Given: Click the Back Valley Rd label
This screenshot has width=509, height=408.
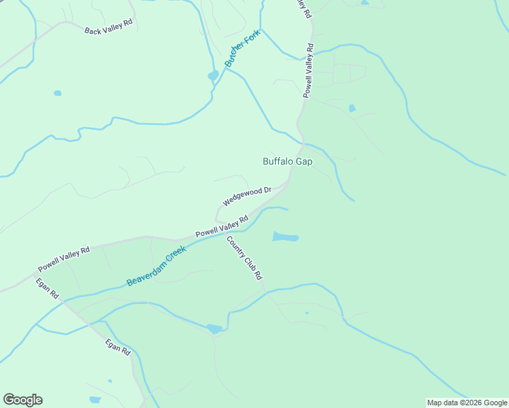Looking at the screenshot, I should click(108, 31).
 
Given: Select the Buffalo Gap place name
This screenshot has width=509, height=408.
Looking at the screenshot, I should click(287, 162).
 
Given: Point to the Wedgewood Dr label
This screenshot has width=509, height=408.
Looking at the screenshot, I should click(247, 197).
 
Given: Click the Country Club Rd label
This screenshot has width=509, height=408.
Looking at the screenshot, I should click(244, 258).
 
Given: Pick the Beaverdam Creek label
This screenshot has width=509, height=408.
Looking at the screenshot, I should click(156, 266).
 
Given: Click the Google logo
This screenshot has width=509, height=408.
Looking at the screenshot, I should click(22, 400).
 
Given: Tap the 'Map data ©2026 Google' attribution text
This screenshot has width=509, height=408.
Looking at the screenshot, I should click(467, 403).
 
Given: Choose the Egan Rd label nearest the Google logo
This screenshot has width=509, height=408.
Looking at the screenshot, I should click(117, 347).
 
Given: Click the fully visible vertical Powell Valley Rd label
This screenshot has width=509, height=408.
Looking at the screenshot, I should click(308, 71).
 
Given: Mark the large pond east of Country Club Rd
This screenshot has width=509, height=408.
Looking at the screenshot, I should click(285, 237).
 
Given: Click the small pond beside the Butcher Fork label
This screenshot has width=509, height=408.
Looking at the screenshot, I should click(213, 75).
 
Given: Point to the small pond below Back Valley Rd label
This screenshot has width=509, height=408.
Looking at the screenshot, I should click(57, 92).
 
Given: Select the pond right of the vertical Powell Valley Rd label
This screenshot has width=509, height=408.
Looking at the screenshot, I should click(352, 108).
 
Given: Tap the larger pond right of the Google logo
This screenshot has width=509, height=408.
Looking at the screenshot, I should click(95, 400).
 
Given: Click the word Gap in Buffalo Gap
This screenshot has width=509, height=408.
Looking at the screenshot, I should click(303, 162).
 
